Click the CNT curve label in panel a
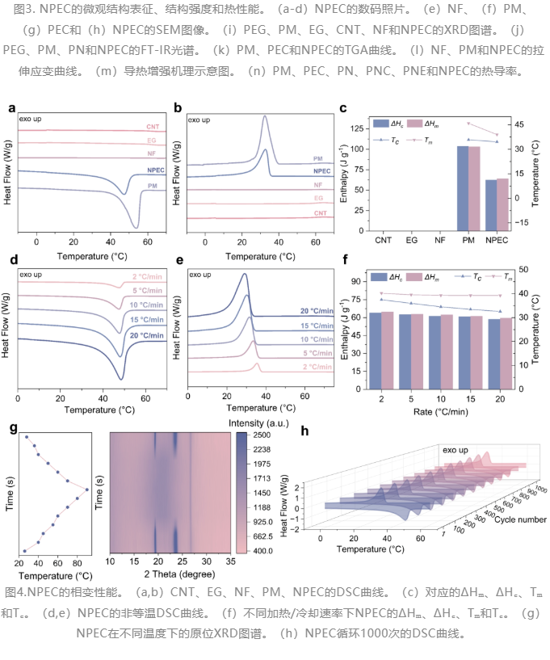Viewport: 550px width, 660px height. click(x=153, y=127)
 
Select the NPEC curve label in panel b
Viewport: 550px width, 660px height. click(x=322, y=171)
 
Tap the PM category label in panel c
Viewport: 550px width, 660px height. click(x=468, y=240)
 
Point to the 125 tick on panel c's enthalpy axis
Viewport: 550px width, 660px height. click(x=357, y=128)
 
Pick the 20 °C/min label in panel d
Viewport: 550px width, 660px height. click(x=146, y=335)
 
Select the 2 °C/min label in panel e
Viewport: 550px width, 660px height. click(x=317, y=367)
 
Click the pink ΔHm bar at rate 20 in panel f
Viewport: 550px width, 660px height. click(x=506, y=354)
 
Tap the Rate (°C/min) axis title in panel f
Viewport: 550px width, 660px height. click(x=441, y=412)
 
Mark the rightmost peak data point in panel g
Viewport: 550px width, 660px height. click(x=87, y=490)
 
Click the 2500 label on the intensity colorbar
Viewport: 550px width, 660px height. click(x=262, y=435)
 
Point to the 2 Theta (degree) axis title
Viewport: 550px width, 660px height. click(x=179, y=574)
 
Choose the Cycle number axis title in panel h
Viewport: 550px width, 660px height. click(x=520, y=519)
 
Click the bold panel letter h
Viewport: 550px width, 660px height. click(x=305, y=431)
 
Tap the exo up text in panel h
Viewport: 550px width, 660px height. click(x=455, y=450)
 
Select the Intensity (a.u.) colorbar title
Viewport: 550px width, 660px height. click(x=258, y=423)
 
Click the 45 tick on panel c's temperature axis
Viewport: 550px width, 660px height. click(x=519, y=124)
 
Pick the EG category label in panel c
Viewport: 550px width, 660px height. click(x=412, y=240)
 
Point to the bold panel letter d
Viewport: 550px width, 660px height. click(x=14, y=259)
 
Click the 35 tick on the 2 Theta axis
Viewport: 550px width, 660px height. click(x=231, y=561)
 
